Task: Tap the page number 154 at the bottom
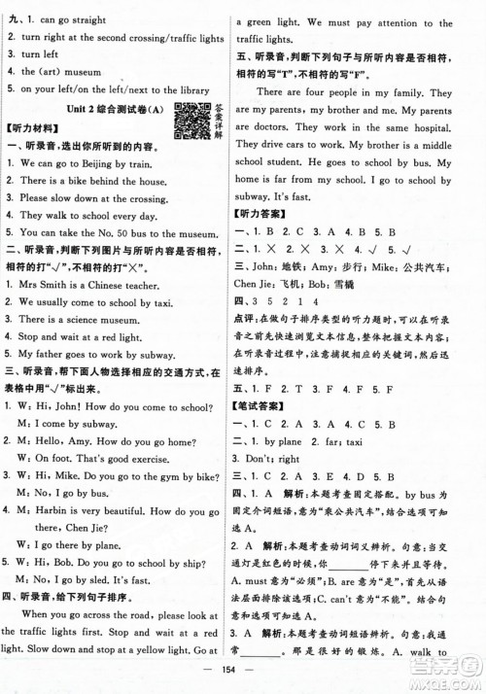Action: coord(244,678)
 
